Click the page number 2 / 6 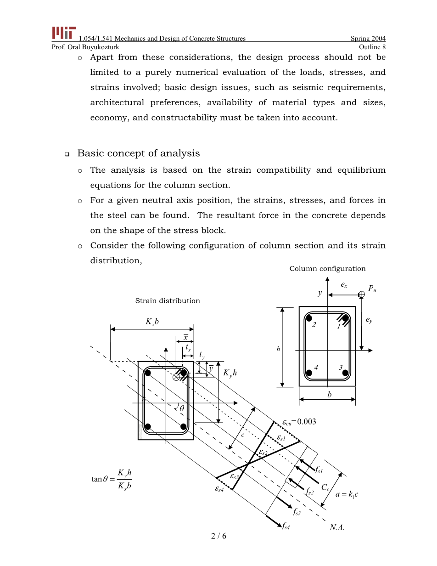click(x=218, y=536)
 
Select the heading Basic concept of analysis click(x=138, y=153)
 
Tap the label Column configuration click(x=327, y=269)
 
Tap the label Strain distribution click(x=168, y=301)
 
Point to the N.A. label click(x=337, y=528)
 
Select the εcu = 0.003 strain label click(x=299, y=422)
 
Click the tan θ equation click(x=112, y=479)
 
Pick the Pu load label click(x=372, y=289)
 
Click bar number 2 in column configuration click(x=314, y=325)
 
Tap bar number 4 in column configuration click(x=316, y=367)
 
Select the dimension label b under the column click(x=329, y=394)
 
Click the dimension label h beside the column click(x=278, y=349)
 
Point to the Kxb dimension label click(x=152, y=322)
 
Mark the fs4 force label click(x=286, y=526)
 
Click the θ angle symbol click(x=181, y=408)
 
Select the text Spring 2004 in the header click(x=368, y=39)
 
